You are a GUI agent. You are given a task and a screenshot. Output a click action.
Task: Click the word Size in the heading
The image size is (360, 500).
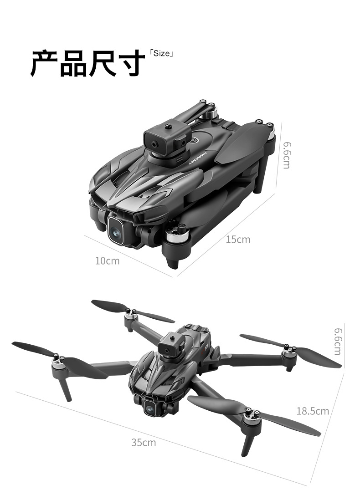click(x=161, y=53)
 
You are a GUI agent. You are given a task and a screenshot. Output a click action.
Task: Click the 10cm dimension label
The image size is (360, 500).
click(x=107, y=261)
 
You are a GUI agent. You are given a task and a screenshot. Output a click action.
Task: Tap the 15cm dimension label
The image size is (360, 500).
click(x=238, y=239)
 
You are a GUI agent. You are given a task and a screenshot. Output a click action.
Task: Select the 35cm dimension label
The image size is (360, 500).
click(x=144, y=442)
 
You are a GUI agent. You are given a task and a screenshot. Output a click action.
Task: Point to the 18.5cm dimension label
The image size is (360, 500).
click(x=313, y=411)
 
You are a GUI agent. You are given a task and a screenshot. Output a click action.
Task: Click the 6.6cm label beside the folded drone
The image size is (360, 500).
click(x=287, y=155)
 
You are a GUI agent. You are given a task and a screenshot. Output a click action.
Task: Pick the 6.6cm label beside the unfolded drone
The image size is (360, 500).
click(x=338, y=341)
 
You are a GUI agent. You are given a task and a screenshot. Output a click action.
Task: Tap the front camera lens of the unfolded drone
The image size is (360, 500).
click(x=149, y=408)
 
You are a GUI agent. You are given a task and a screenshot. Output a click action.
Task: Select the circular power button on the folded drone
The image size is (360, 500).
click(x=195, y=140)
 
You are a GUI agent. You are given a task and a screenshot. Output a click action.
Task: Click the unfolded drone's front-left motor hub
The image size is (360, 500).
click(x=58, y=361)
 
